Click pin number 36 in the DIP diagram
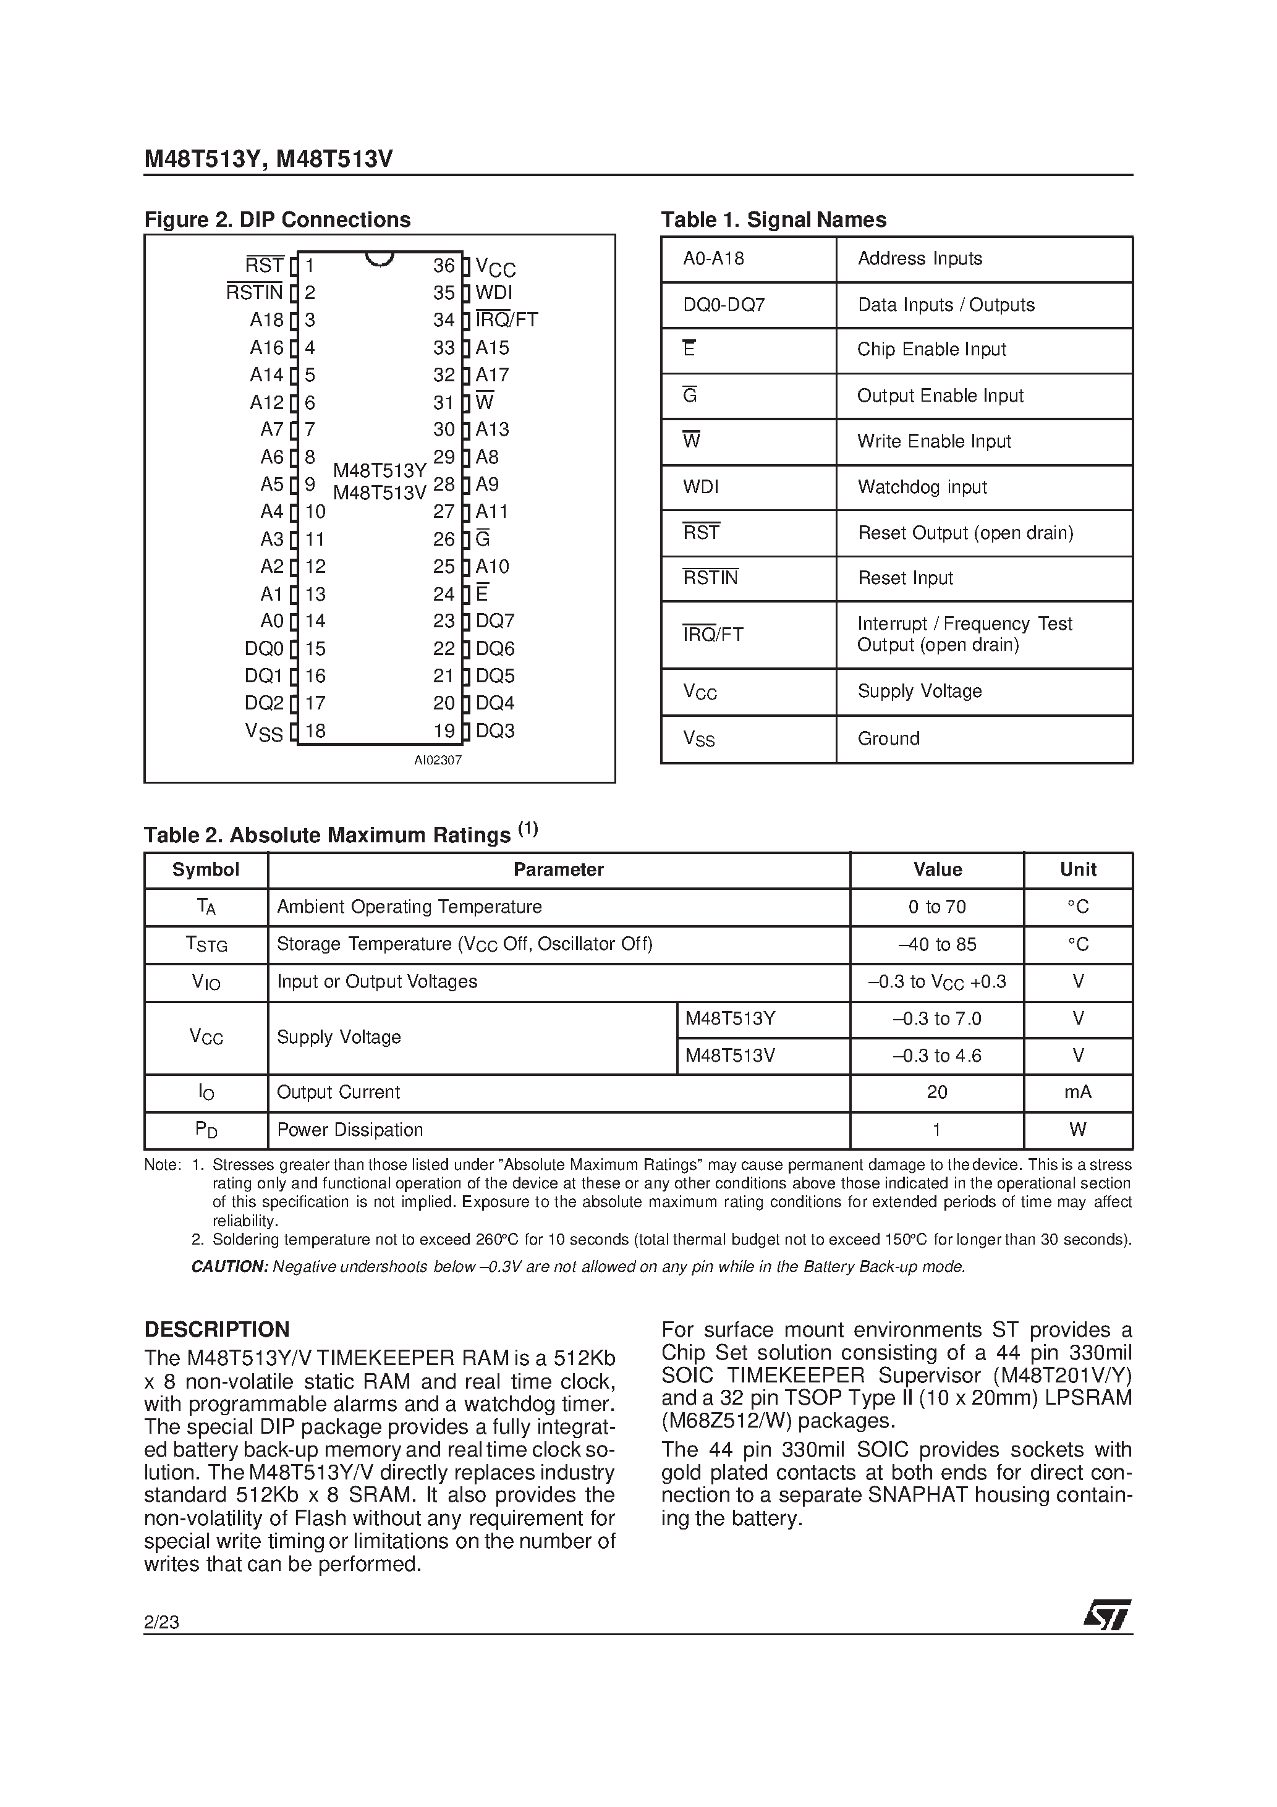coord(444,266)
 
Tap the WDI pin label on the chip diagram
coord(494,293)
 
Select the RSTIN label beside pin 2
coord(254,293)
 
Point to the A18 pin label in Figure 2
coord(266,320)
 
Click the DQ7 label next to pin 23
coord(494,621)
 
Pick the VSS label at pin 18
coord(264,732)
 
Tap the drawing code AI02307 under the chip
coord(438,760)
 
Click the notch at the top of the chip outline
coord(380,259)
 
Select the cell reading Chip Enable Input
coord(931,349)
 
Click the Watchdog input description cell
coord(922,487)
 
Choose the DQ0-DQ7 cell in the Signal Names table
coord(724,305)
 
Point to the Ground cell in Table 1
coord(888,738)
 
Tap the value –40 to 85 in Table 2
coord(937,944)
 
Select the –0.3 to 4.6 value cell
coord(937,1056)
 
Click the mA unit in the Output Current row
coord(1078,1093)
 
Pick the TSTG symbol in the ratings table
coord(206,944)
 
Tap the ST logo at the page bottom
coord(1108,1616)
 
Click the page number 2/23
coord(161,1622)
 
